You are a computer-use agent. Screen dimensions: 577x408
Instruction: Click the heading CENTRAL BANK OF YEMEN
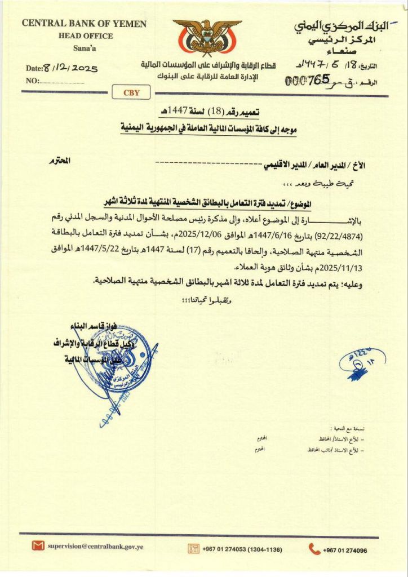point(84,24)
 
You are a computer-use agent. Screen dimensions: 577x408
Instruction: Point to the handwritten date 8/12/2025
point(70,68)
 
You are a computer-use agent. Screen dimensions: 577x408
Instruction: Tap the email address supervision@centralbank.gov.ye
point(95,546)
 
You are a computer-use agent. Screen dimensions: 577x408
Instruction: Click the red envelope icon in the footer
point(38,546)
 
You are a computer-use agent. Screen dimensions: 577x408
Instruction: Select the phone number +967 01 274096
point(345,551)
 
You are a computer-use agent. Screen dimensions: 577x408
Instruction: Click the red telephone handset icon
point(314,549)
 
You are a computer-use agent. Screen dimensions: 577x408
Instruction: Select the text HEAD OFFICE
point(85,35)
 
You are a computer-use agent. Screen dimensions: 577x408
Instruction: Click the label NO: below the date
point(32,81)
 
